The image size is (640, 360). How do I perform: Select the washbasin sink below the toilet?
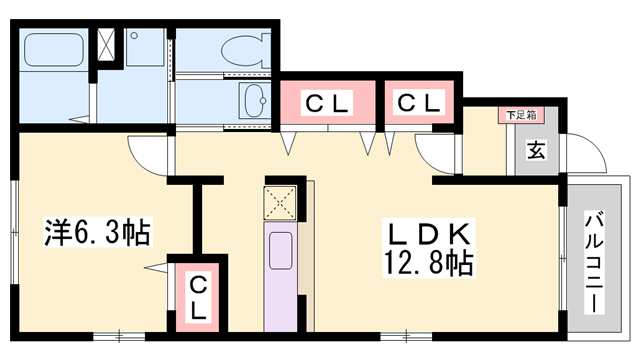[x=254, y=101]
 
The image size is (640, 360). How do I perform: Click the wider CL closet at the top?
[x=326, y=102]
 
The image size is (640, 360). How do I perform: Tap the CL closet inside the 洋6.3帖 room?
[x=197, y=295]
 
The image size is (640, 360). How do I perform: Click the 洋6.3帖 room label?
[x=98, y=233]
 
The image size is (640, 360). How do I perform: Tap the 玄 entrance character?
[x=536, y=151]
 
